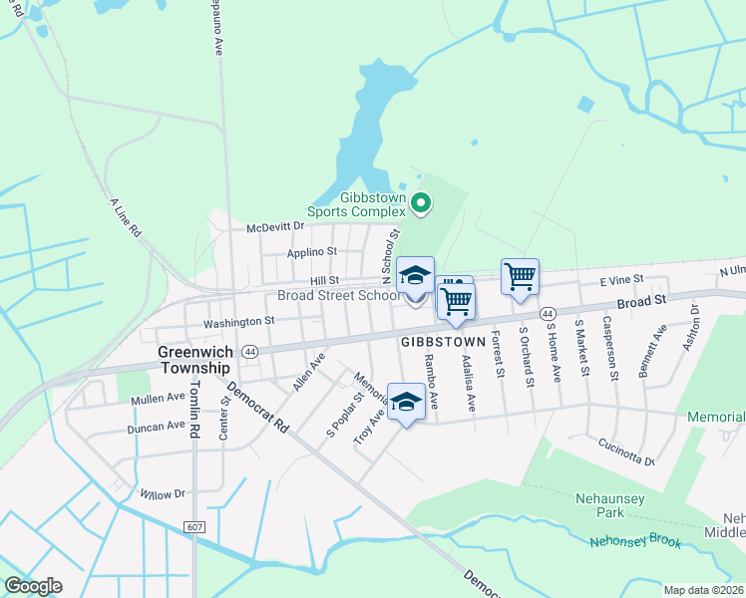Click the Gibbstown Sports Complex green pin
pos(421,204)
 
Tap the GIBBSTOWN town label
pos(443,341)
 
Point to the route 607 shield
pos(193,525)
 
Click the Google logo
pos(33,586)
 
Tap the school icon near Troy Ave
pos(406,403)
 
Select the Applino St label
pos(312,252)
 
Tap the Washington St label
pos(238,321)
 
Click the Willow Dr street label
pos(164,493)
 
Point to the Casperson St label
pos(610,346)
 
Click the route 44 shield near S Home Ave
pos(548,313)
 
